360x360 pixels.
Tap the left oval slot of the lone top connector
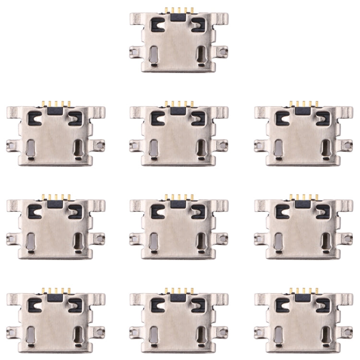click(x=153, y=56)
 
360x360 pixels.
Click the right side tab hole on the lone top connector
click(x=222, y=50)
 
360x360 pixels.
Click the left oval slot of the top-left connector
click(x=30, y=149)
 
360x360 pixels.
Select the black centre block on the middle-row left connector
click(x=56, y=204)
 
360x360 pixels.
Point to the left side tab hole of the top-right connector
click(x=259, y=144)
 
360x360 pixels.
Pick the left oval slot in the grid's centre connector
click(x=153, y=242)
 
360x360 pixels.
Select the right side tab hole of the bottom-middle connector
click(x=222, y=331)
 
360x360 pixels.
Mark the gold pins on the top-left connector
click(x=56, y=104)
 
